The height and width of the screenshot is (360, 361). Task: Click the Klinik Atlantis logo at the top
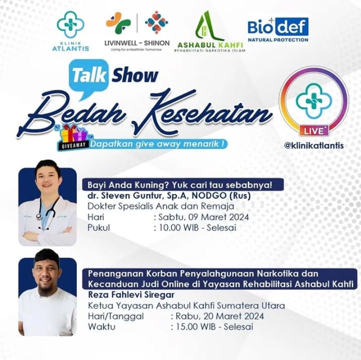coord(70,31)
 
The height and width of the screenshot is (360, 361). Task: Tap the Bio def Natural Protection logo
coord(278,30)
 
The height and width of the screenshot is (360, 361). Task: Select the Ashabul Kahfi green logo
coord(210,31)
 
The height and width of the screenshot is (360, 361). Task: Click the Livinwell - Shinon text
coord(137,43)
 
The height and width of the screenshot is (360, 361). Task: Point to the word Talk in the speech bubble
coord(89,75)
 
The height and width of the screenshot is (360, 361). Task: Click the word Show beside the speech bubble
coord(135,75)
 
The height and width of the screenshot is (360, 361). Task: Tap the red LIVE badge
coord(314,131)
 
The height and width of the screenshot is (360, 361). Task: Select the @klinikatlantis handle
coord(314,145)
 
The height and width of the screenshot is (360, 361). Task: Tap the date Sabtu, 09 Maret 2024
coord(203,217)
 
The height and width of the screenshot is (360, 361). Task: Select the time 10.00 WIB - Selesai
coord(197,228)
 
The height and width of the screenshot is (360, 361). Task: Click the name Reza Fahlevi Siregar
coord(131,294)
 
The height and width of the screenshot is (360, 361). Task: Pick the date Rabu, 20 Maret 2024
coord(219,316)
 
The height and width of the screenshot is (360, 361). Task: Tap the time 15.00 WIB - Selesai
coord(214,327)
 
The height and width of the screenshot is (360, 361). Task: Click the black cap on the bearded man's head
coord(47,256)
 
